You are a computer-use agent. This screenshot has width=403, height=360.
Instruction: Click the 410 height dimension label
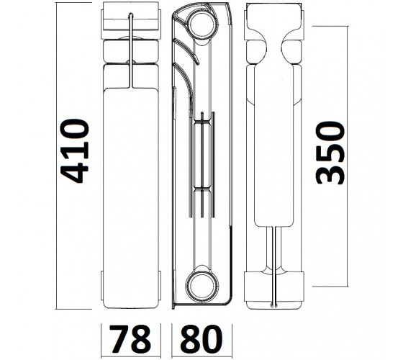(75, 151)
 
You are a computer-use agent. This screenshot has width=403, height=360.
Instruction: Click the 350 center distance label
(330, 153)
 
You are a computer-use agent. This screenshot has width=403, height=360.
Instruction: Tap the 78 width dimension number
(130, 339)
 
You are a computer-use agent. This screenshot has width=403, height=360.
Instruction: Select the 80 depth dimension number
(201, 339)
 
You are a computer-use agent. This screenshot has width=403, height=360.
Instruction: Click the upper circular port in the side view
(202, 24)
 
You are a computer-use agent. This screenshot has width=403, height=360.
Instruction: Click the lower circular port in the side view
(202, 287)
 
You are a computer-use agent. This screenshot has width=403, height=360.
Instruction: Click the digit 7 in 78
(119, 339)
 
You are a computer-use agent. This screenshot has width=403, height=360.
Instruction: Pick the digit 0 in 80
(212, 339)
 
